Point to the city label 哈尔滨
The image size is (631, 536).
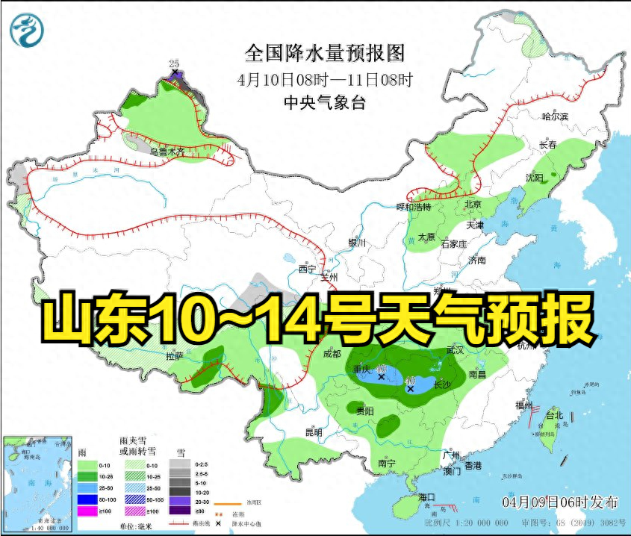pos(555,116)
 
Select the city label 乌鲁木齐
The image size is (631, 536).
pos(167,152)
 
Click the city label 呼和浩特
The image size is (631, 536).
pos(413,207)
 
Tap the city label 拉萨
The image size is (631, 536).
pos(174,357)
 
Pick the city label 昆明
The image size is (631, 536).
pos(314,432)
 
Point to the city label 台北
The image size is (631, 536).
pos(553,415)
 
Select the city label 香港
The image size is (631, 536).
pos(473,465)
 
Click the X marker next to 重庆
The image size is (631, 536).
pos(381,378)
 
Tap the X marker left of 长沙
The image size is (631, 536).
pos(410,389)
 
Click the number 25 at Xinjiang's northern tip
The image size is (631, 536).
pos(175,63)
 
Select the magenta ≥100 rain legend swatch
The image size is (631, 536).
pos(87,511)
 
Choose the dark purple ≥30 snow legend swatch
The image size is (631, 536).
pos(179,511)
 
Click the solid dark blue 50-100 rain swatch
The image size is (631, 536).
pos(87,499)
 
